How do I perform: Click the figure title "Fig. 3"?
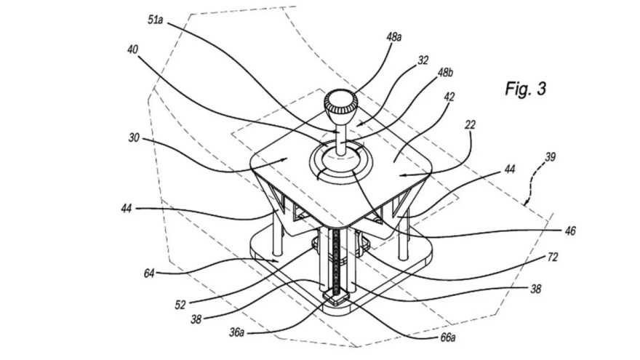tap(525, 89)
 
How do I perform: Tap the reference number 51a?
tap(156, 20)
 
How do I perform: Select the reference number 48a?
tap(394, 37)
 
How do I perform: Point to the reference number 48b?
tap(445, 73)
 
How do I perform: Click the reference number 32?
tap(423, 60)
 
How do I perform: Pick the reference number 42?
tap(449, 97)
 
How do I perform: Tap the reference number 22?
tap(471, 124)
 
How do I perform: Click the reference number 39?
tap(551, 157)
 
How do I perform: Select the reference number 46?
tap(570, 231)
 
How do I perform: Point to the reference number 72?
tap(552, 257)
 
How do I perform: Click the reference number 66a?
tap(448, 337)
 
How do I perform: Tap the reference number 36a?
tap(236, 332)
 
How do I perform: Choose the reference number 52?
tap(180, 305)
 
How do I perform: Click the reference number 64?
tap(149, 273)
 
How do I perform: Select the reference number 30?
tap(134, 138)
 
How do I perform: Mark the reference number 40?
tap(132, 49)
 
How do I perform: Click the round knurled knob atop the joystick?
tap(341, 102)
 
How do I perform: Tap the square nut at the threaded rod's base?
tap(336, 298)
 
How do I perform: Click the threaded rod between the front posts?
tap(336, 261)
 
